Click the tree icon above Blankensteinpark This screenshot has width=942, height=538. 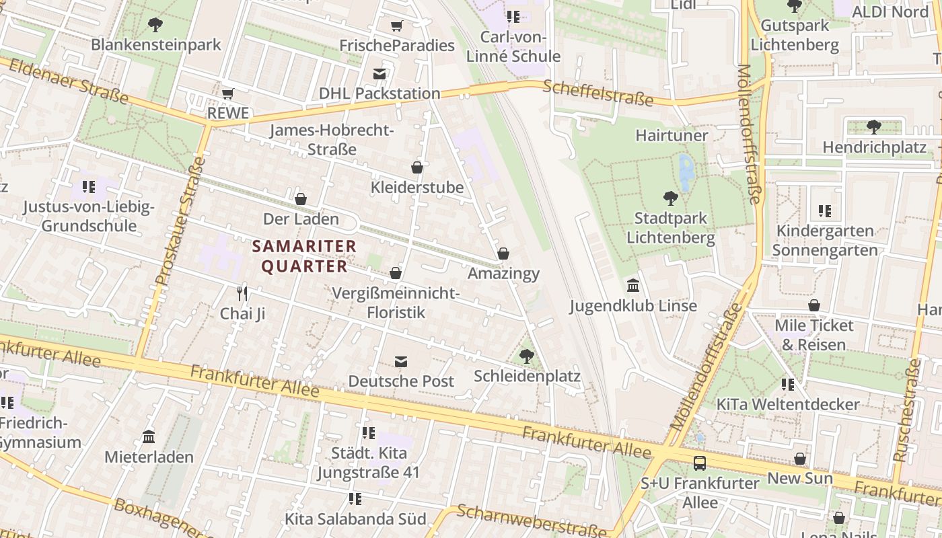point(155,25)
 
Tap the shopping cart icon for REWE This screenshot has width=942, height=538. point(228,93)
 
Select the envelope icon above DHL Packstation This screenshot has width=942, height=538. point(379,73)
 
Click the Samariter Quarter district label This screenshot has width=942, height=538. point(304,256)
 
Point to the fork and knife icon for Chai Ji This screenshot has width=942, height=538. point(242,293)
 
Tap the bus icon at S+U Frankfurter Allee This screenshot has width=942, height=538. point(700,463)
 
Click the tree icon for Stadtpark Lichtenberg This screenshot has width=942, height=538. point(670,198)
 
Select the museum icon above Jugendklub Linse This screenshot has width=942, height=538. point(633,286)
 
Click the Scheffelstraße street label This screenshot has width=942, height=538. point(597,93)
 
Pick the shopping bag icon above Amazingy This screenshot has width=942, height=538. point(503,254)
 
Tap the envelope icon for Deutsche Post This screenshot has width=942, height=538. point(401,362)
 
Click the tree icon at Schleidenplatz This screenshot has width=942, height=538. point(526,356)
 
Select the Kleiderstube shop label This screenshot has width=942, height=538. point(417,187)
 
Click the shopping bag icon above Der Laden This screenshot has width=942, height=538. point(301,199)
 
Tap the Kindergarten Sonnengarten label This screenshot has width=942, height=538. point(824,240)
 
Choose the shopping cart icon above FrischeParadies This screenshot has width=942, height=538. point(397,26)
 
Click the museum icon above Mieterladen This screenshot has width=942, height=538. point(149,437)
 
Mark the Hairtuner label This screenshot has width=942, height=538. point(672,135)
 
